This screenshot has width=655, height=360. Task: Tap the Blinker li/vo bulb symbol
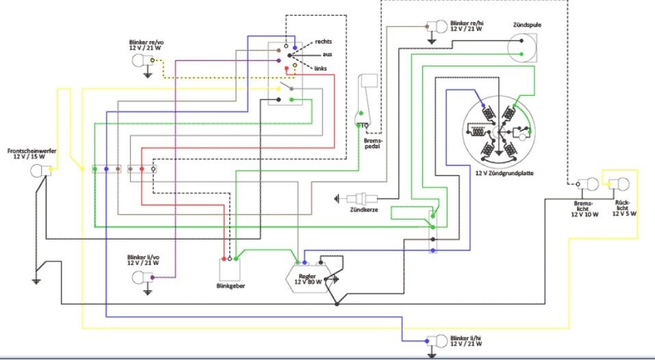141,277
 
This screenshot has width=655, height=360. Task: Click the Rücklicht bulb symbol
622,183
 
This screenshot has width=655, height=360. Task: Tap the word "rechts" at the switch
324,42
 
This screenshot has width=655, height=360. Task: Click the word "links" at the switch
322,68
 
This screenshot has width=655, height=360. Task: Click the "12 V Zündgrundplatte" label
504,173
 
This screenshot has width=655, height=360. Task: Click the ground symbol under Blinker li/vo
148,292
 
